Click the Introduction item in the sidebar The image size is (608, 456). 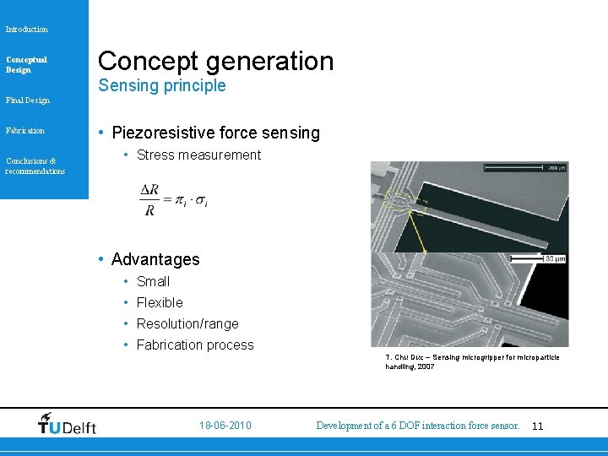pyautogui.click(x=27, y=30)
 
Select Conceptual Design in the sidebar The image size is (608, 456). pyautogui.click(x=26, y=65)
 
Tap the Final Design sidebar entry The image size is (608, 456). pyautogui.click(x=27, y=100)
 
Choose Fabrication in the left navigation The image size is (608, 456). pyautogui.click(x=25, y=131)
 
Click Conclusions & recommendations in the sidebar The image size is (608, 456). pyautogui.click(x=35, y=166)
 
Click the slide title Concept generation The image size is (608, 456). pyautogui.click(x=216, y=61)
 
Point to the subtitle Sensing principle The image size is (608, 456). pyautogui.click(x=162, y=86)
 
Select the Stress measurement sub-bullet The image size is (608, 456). pyautogui.click(x=198, y=155)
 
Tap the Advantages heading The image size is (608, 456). pyautogui.click(x=155, y=259)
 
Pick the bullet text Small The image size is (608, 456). pyautogui.click(x=153, y=282)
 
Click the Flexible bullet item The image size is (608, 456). pyautogui.click(x=160, y=303)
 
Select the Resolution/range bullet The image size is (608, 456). pyautogui.click(x=187, y=324)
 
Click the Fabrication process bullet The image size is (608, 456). pyautogui.click(x=195, y=345)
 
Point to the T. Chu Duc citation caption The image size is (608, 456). pyautogui.click(x=471, y=362)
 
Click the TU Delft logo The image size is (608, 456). pyautogui.click(x=68, y=424)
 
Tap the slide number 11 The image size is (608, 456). pyautogui.click(x=538, y=426)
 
